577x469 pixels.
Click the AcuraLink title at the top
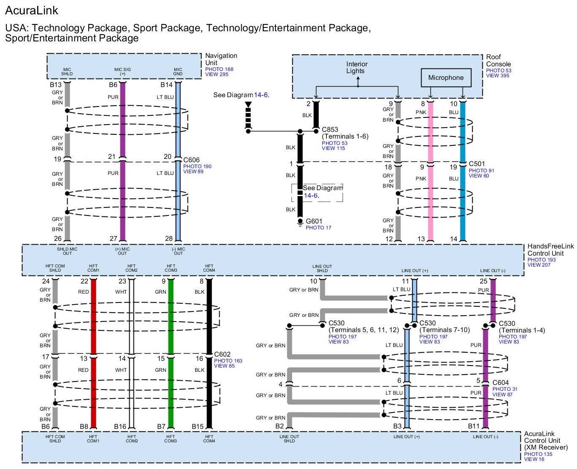[31, 11]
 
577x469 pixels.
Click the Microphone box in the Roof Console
[446, 77]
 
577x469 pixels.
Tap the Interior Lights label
[357, 68]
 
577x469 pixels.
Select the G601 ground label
[314, 221]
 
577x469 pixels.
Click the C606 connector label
[191, 160]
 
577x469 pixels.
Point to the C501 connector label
[477, 164]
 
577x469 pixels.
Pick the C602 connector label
[222, 354]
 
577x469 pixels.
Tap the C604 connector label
[501, 382]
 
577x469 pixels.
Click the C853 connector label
[329, 130]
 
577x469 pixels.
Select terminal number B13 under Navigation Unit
[55, 85]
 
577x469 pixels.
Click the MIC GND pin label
[178, 71]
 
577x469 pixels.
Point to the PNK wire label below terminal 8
[421, 112]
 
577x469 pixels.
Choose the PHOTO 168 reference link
[219, 69]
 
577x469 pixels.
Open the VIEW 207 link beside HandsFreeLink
[539, 264]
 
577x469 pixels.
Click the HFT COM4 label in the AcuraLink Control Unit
[209, 439]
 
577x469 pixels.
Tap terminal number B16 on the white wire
[120, 426]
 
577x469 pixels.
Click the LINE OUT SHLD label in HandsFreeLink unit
[322, 268]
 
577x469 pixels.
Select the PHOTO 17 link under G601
[318, 228]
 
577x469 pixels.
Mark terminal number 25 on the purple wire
[483, 281]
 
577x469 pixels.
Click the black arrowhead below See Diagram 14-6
[248, 105]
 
